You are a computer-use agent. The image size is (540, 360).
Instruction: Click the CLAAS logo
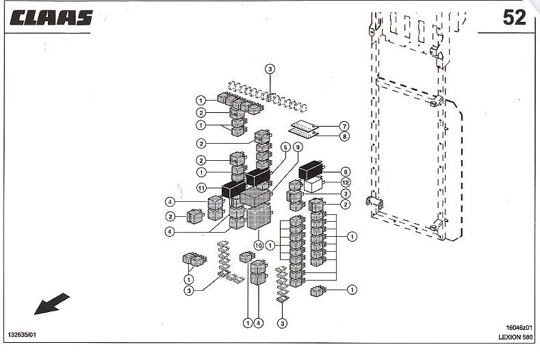click(51, 18)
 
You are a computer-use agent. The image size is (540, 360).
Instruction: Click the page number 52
click(514, 17)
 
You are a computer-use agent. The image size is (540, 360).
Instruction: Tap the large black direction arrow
click(51, 304)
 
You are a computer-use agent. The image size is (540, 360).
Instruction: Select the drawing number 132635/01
click(22, 335)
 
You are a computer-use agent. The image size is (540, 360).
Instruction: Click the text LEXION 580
click(515, 337)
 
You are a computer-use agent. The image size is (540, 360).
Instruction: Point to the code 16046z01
click(519, 328)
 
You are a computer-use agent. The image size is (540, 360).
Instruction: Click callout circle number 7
click(344, 126)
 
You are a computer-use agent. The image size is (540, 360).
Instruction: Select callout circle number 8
click(344, 136)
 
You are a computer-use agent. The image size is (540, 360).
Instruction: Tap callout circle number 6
click(346, 172)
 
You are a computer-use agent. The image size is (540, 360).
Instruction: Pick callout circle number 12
click(346, 182)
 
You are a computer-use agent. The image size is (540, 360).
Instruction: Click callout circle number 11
click(201, 188)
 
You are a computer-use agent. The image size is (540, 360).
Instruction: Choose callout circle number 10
click(259, 245)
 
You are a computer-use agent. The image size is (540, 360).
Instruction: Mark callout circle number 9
click(298, 147)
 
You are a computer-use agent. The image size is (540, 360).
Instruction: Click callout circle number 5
click(285, 147)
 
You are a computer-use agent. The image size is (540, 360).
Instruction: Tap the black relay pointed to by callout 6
click(311, 170)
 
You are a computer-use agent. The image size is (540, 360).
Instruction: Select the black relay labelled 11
click(233, 189)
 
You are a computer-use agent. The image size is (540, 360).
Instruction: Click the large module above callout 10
click(259, 217)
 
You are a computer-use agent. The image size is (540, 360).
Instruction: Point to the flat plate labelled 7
click(305, 125)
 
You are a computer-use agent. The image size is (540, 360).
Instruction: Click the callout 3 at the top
click(270, 69)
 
